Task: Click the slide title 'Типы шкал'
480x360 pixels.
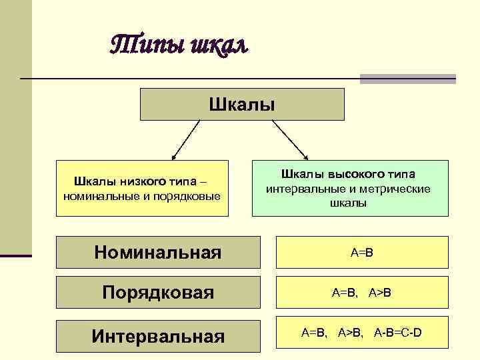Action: tap(178, 45)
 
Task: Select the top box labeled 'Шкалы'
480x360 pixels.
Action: tap(242, 104)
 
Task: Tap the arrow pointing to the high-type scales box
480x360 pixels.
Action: tap(290, 141)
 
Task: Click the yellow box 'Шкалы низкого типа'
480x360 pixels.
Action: tap(142, 188)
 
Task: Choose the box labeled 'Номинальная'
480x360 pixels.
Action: tap(157, 252)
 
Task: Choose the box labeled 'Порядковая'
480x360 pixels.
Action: tap(157, 292)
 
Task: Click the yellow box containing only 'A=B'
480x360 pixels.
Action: tap(362, 253)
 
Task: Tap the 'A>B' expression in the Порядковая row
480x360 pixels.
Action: tap(379, 292)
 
